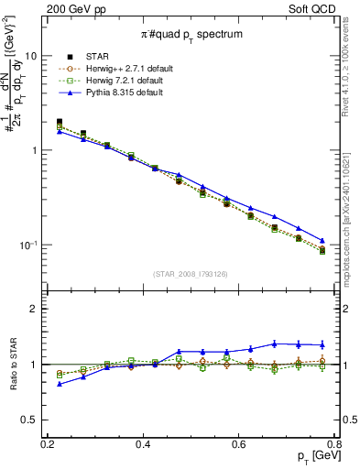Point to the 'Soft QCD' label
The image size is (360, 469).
point(328,8)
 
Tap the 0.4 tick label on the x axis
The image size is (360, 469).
point(143,444)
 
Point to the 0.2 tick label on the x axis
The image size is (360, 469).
point(48,444)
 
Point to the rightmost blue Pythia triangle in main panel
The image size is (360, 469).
point(322,241)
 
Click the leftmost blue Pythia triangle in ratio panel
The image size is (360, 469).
point(60,384)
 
